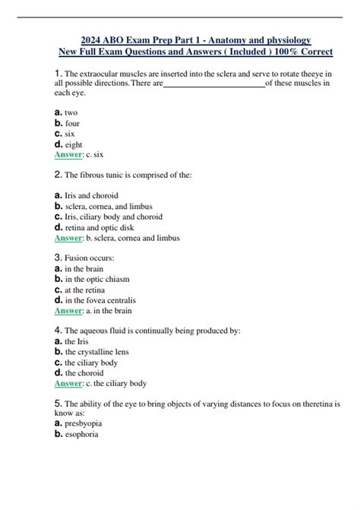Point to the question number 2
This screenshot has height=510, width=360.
[58, 175]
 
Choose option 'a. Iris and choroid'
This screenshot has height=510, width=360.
[87, 195]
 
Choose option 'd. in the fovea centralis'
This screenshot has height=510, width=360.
[98, 299]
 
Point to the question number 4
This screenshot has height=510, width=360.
[58, 331]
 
